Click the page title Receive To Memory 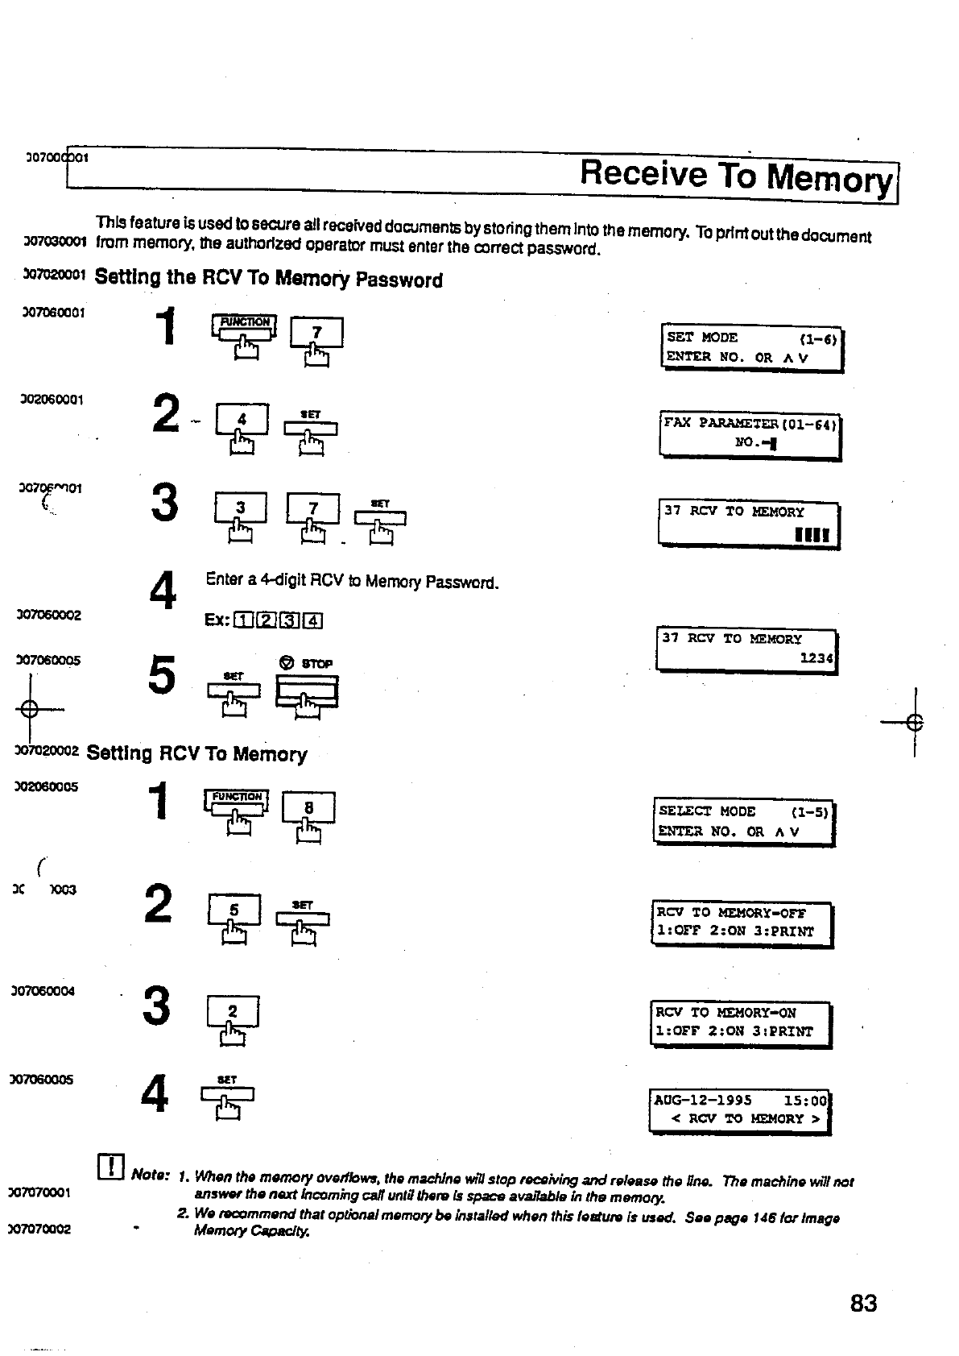[736, 176]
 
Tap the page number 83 [863, 1303]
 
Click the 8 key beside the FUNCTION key [308, 808]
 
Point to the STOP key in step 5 [307, 690]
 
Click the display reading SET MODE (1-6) [752, 348]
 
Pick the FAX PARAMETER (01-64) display [750, 433]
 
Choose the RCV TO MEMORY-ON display [740, 1022]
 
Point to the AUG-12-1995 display [739, 1109]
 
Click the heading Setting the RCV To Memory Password [269, 279]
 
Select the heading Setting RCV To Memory [197, 754]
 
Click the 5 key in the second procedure [234, 910]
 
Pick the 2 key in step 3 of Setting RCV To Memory [233, 1012]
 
